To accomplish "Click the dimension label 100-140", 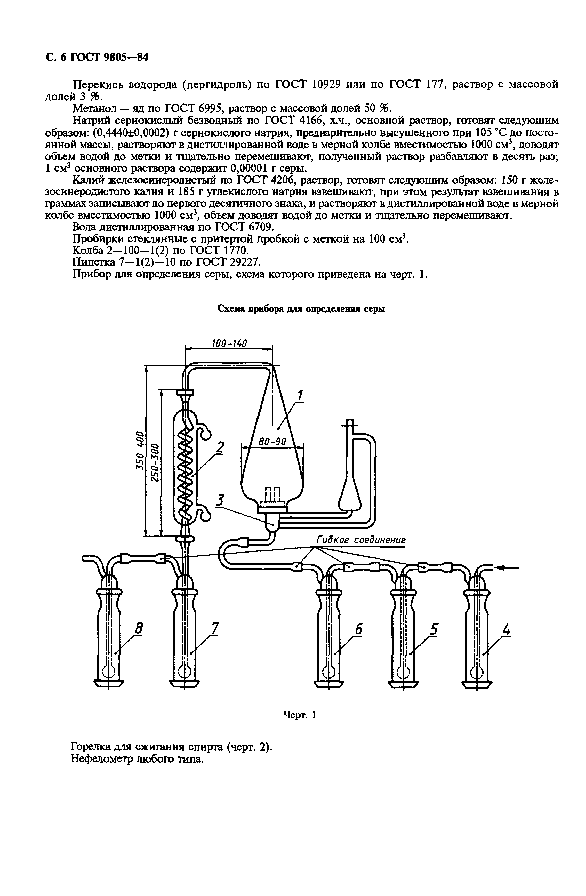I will (x=229, y=343).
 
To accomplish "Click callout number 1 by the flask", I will (x=300, y=396).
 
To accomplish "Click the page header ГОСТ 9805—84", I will (x=109, y=58).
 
